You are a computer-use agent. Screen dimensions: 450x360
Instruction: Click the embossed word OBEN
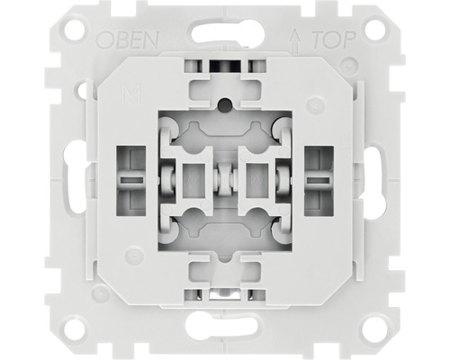(127, 40)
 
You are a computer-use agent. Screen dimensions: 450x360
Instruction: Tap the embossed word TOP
(334, 40)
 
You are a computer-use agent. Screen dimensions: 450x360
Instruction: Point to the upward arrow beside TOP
(296, 42)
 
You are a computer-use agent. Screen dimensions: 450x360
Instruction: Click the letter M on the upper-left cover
(131, 94)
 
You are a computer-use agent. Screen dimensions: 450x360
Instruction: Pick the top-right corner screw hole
(375, 29)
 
